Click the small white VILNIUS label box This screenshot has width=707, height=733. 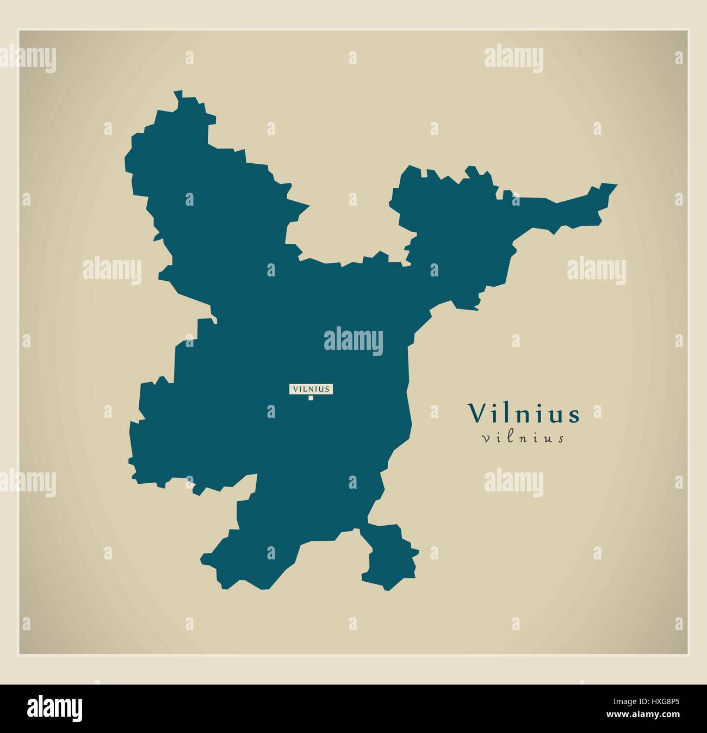(x=311, y=389)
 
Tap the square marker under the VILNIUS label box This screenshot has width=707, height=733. (x=311, y=398)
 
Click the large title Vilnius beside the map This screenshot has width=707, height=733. (x=524, y=414)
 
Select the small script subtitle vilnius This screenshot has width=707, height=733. (x=523, y=438)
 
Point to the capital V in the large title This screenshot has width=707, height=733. (x=477, y=414)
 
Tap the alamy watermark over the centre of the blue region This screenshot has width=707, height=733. (x=353, y=342)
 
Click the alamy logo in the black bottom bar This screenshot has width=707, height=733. (x=55, y=708)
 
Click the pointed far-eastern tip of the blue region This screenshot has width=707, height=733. (x=616, y=185)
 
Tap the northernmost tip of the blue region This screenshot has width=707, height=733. (x=176, y=93)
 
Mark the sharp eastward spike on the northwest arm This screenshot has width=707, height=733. (x=307, y=206)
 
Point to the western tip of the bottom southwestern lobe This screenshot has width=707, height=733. (x=202, y=558)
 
